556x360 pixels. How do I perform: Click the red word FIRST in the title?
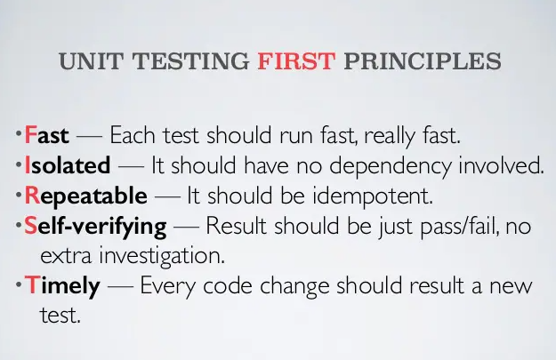(x=296, y=61)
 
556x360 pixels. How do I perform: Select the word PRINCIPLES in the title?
(x=423, y=61)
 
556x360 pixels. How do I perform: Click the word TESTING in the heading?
(x=190, y=61)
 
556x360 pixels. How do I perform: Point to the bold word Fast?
(x=46, y=135)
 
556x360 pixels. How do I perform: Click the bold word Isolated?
(x=68, y=165)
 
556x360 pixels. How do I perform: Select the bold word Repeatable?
(x=85, y=196)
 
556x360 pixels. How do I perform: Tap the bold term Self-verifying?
(x=95, y=227)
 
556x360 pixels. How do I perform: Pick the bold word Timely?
(x=62, y=286)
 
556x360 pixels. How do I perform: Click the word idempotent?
(x=373, y=196)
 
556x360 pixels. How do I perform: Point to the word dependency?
(x=390, y=166)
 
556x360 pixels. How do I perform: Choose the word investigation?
(x=162, y=256)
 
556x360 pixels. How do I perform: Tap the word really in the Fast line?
(x=389, y=136)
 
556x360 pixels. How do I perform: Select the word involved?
(x=501, y=165)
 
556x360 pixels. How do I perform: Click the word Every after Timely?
(x=167, y=286)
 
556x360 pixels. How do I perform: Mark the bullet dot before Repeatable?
(x=19, y=196)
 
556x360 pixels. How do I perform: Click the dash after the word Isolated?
(x=131, y=166)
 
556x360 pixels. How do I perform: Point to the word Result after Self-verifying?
(x=236, y=226)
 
